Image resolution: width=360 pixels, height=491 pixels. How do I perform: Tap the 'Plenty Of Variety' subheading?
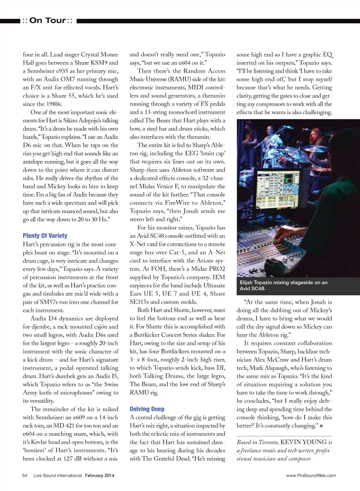pos(45,235)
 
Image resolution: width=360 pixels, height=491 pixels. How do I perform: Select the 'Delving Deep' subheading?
pos(147,409)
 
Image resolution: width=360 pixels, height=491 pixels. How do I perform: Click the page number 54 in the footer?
pos(25,475)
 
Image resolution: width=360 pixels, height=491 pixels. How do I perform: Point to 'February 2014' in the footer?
pos(99,475)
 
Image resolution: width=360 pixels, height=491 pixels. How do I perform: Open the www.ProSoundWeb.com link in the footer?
pos(311,475)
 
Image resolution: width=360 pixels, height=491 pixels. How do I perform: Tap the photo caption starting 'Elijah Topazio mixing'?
pos(283,285)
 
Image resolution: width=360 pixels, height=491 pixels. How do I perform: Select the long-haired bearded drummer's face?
pos(328,133)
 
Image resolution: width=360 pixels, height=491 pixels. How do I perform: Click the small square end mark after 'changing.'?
pos(321,426)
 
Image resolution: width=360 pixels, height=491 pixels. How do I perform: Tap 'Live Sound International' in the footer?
pos(57,475)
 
